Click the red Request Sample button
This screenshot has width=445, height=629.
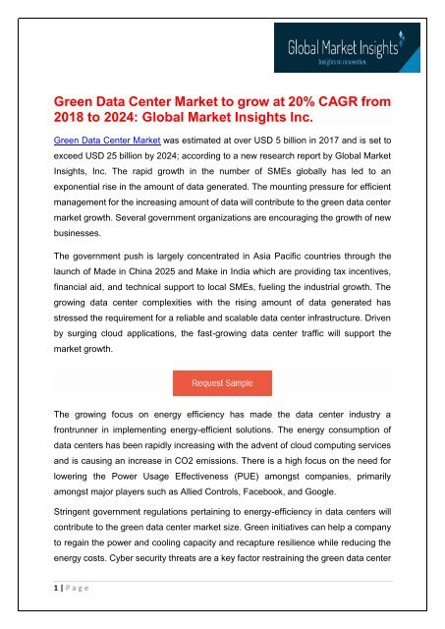222,380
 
